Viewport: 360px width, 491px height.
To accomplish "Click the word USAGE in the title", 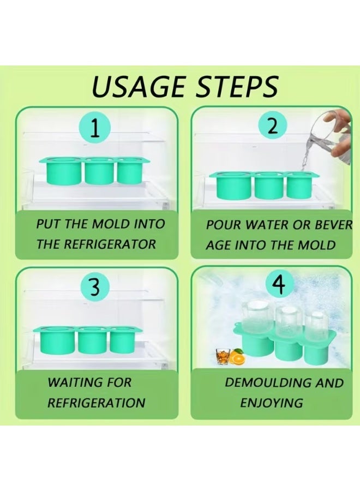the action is tap(139, 86).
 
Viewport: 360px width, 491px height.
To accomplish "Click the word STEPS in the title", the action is tap(237, 86).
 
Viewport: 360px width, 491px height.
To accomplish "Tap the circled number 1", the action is tap(95, 129).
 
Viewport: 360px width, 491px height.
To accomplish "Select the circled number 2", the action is tap(273, 127).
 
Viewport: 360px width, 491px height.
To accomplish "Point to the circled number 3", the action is tap(95, 286).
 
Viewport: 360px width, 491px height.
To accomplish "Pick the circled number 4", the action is tap(280, 284).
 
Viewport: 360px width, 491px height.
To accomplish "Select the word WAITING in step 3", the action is tap(75, 382).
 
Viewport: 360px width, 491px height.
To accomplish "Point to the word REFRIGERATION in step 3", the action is tap(96, 403).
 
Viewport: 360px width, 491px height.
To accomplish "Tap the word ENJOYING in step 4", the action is tap(272, 403).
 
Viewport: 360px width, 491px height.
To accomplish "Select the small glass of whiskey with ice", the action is tap(223, 356).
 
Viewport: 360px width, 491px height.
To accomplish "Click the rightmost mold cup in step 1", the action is tap(130, 171).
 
